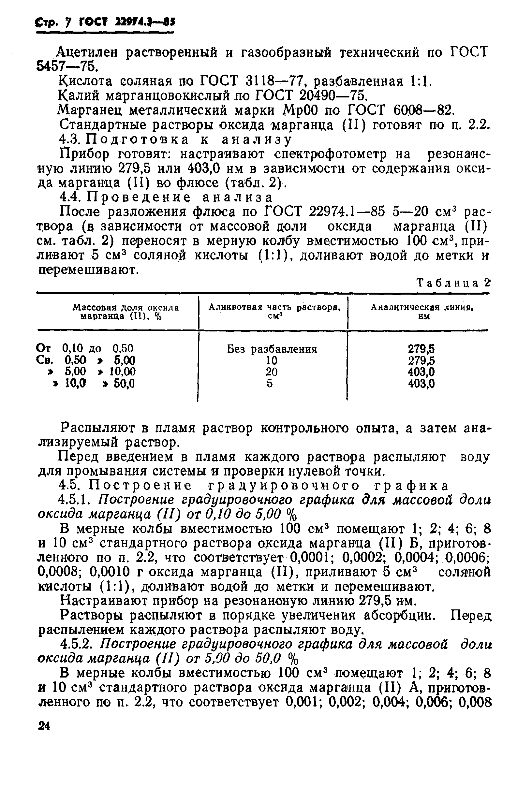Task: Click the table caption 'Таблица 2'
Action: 453,283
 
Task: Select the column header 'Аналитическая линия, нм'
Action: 422,311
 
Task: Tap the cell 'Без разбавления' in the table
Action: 272,349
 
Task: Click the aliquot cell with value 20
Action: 271,372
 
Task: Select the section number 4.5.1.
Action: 76,500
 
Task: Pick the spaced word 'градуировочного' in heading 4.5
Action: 283,486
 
